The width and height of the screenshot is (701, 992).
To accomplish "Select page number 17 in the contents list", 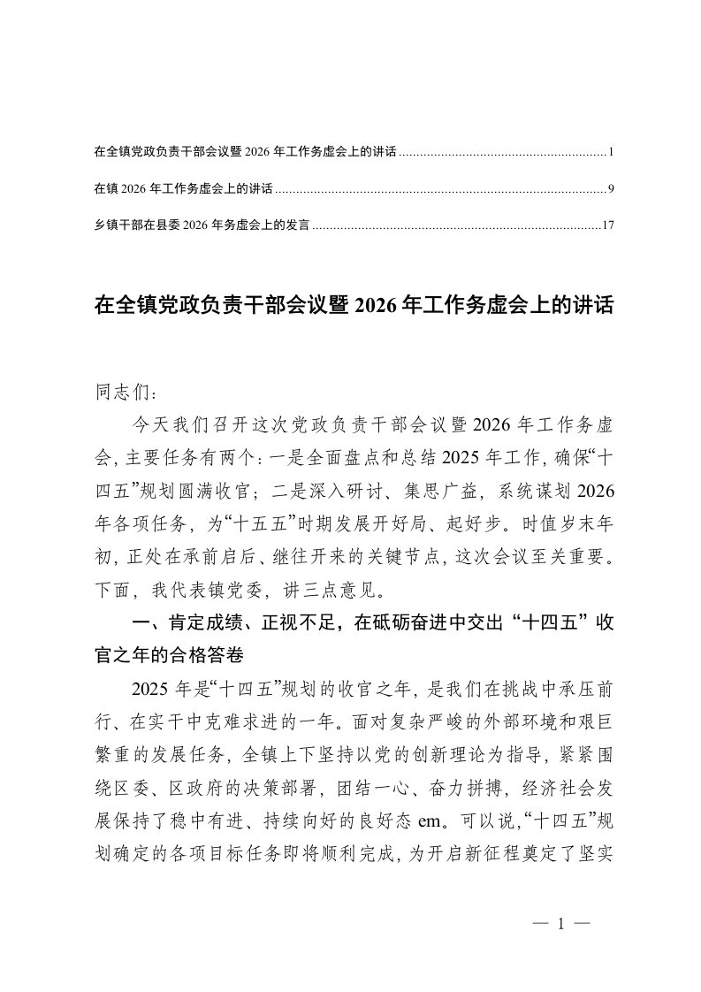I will point(607,225).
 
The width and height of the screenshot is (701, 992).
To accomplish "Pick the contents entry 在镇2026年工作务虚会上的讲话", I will point(183,189).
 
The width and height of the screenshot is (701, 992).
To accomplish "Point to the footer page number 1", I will point(561,925).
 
